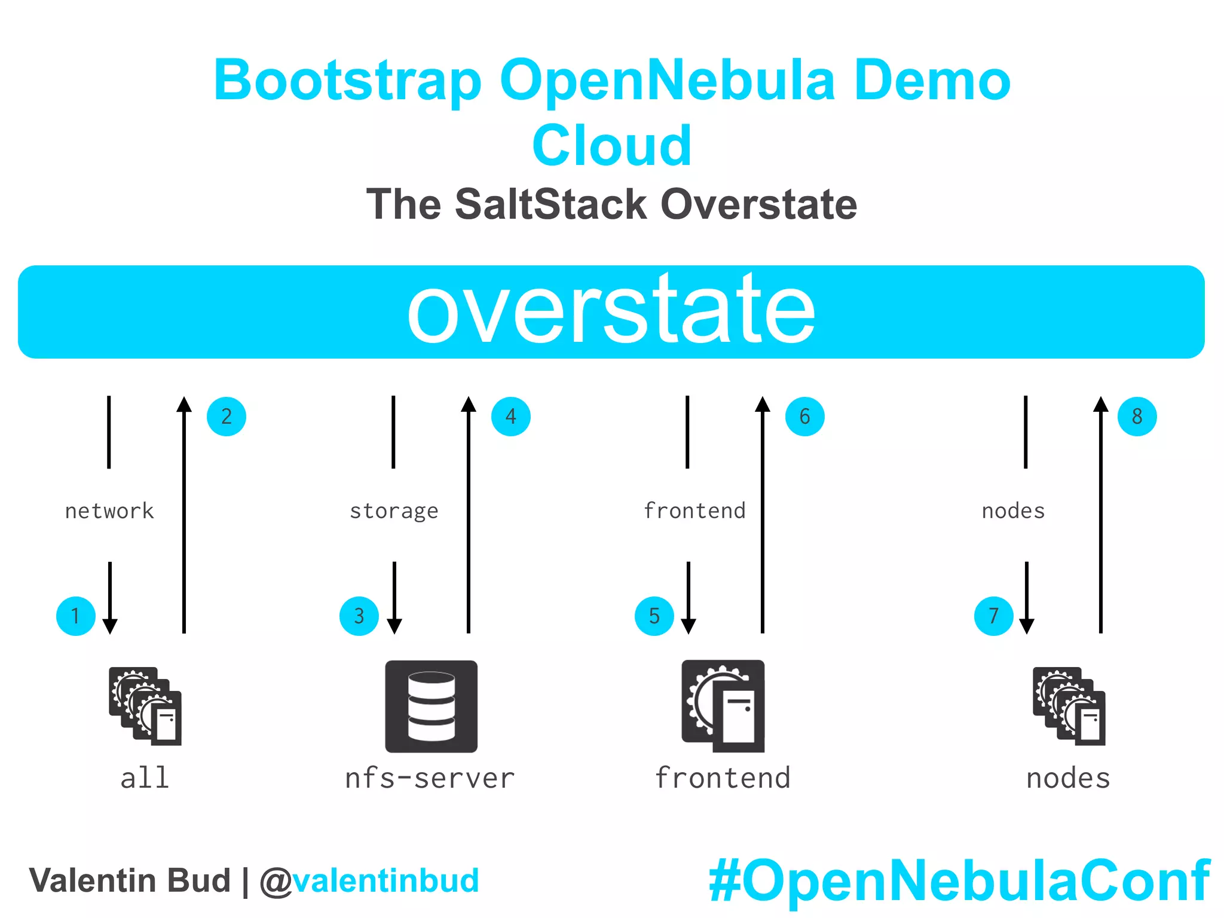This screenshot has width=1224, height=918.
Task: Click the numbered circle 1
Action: pyautogui.click(x=76, y=616)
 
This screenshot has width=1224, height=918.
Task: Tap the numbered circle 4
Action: pyautogui.click(x=510, y=417)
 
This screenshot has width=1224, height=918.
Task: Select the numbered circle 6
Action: pyautogui.click(x=804, y=417)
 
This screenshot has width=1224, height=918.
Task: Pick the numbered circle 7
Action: pyautogui.click(x=993, y=616)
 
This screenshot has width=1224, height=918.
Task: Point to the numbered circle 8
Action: pyautogui.click(x=1137, y=417)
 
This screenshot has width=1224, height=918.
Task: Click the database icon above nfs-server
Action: pyautogui.click(x=431, y=706)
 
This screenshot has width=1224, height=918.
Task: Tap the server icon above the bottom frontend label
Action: pyautogui.click(x=723, y=706)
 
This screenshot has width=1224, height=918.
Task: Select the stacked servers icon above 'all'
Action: pyautogui.click(x=145, y=706)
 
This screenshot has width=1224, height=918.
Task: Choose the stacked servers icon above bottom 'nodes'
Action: pyautogui.click(x=1069, y=706)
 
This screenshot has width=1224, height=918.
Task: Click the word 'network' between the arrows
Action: pyautogui.click(x=109, y=511)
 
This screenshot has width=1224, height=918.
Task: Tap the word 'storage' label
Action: pyautogui.click(x=394, y=512)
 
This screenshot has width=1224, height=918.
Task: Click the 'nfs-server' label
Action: pyautogui.click(x=430, y=778)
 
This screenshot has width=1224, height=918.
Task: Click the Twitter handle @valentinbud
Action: pyautogui.click(x=369, y=881)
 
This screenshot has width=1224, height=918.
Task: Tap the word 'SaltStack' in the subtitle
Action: pyautogui.click(x=550, y=204)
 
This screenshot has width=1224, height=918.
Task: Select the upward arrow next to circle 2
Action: pyautogui.click(x=184, y=514)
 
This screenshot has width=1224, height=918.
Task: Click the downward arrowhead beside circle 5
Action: pyautogui.click(x=688, y=625)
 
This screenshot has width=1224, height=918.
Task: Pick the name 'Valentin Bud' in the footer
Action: pyautogui.click(x=130, y=881)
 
